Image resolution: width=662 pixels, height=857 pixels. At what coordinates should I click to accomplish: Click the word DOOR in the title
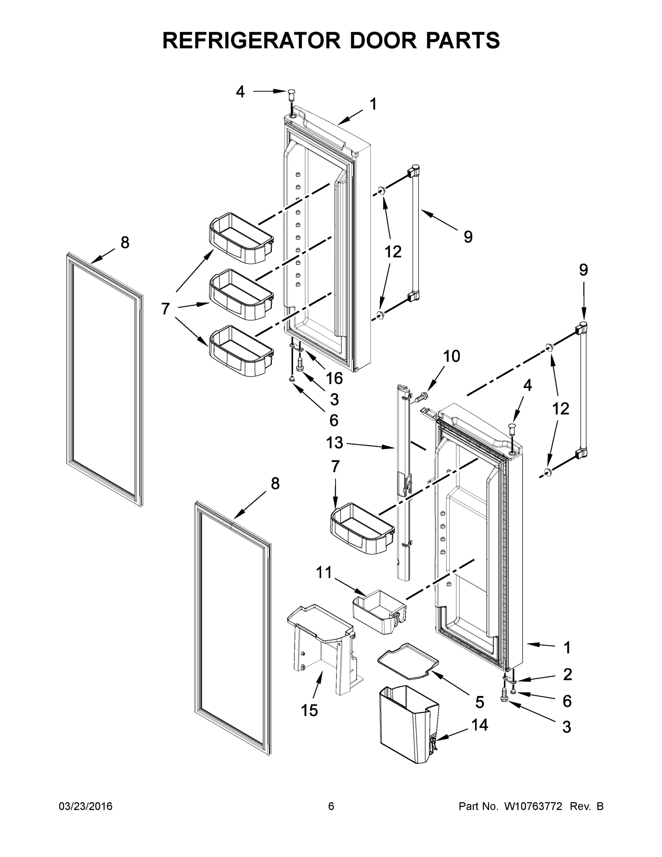(383, 40)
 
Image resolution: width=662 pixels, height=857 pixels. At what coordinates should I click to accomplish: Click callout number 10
(451, 356)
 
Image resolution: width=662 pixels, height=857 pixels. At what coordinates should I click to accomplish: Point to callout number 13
(334, 443)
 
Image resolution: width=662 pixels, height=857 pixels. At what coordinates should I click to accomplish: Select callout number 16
(334, 379)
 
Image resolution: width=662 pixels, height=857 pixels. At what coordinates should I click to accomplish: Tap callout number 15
(309, 710)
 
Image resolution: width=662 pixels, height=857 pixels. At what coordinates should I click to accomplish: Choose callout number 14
(480, 725)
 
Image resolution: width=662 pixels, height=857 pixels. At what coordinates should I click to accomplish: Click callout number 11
(324, 572)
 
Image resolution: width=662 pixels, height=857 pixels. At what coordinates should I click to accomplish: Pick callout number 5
(480, 702)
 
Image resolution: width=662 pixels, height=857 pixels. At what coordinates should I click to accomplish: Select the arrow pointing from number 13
(370, 445)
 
